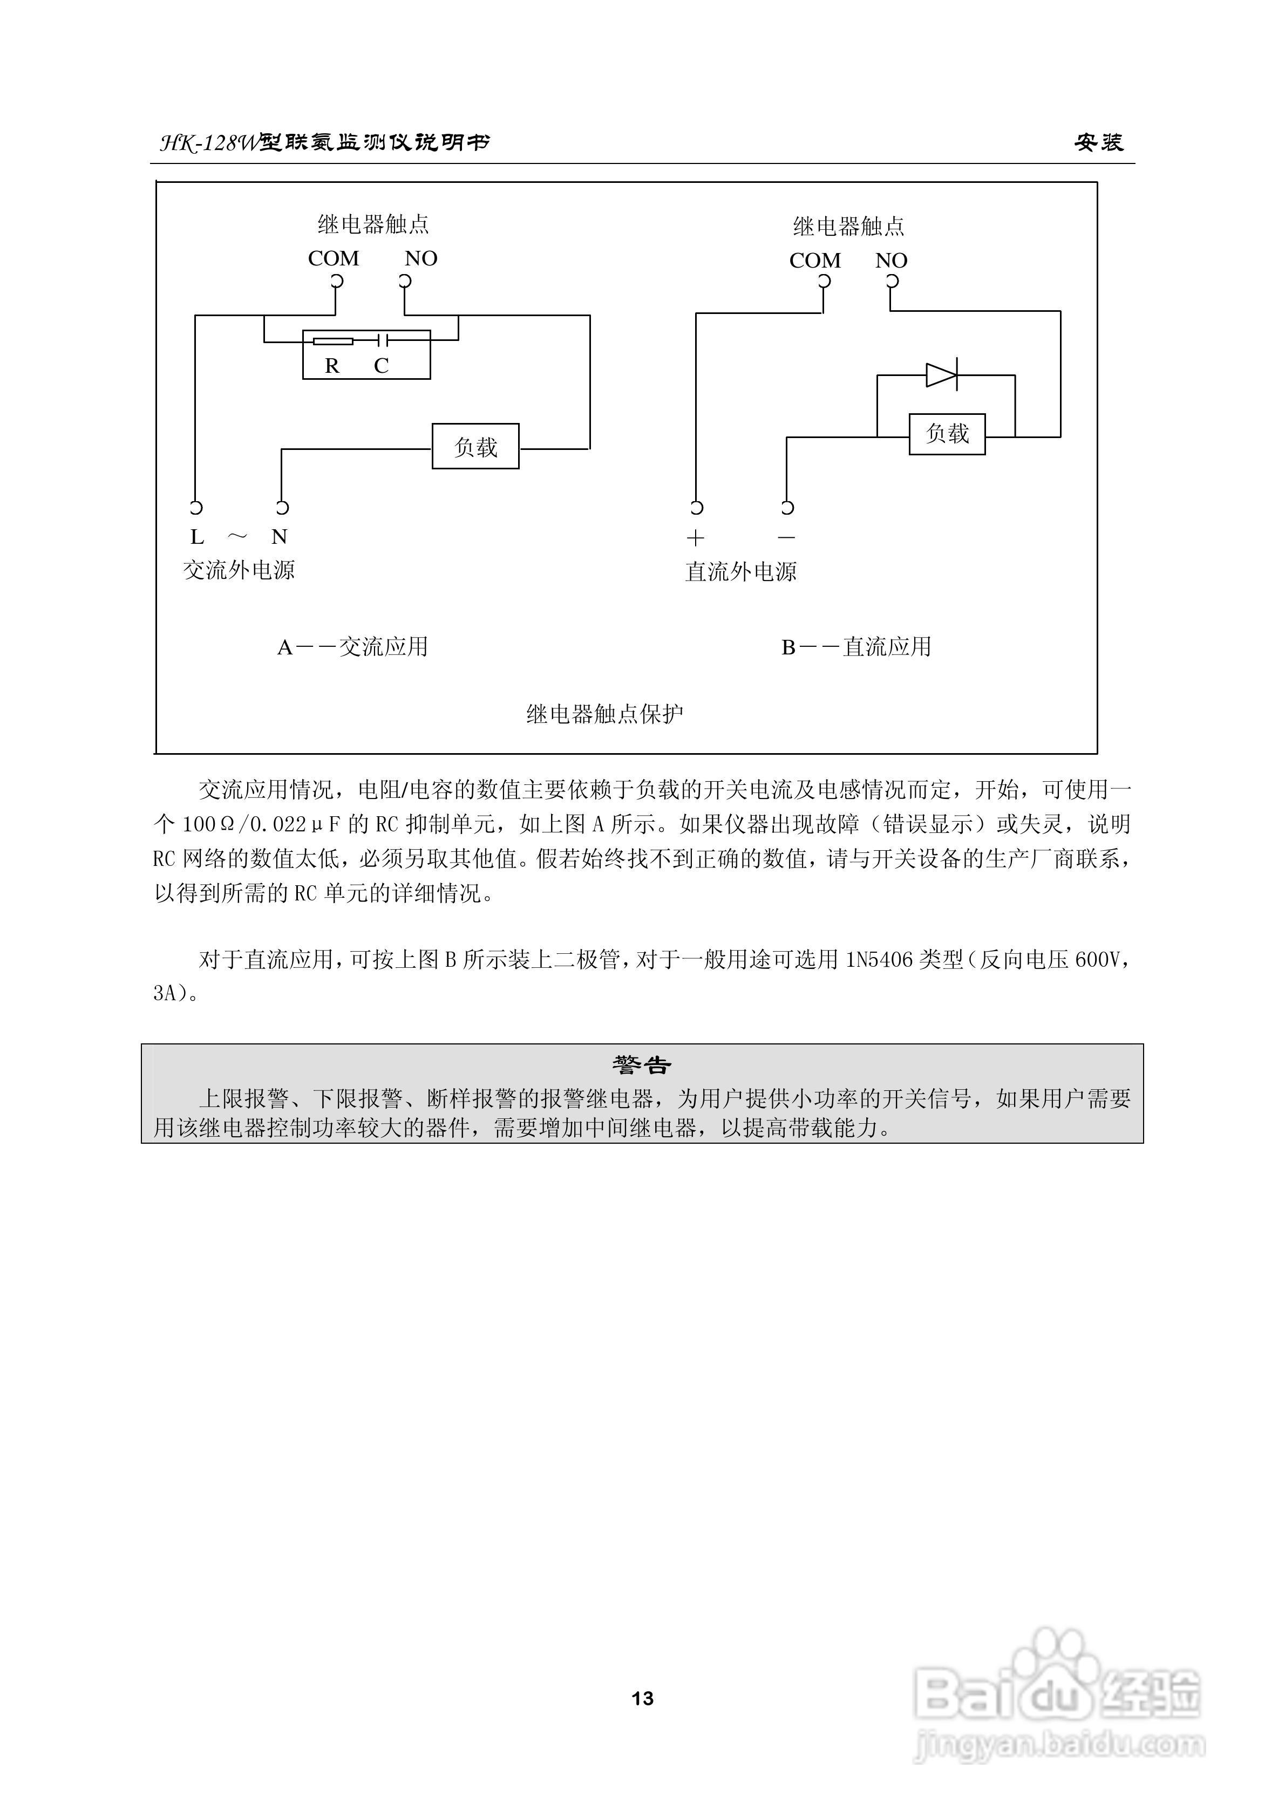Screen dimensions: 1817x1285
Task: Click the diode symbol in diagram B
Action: (941, 375)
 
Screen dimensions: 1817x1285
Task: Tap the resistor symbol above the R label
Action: (332, 341)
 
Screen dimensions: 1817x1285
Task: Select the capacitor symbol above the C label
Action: (382, 341)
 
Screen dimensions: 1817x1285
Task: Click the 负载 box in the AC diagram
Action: (475, 447)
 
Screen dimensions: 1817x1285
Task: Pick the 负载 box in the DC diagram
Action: (947, 434)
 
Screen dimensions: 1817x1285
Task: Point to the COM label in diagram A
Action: (334, 259)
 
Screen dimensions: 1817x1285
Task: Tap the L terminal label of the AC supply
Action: (197, 537)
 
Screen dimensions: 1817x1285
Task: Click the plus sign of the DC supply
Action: (695, 538)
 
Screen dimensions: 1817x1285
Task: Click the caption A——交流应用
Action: (352, 647)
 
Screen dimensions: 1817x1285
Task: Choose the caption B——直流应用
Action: (856, 647)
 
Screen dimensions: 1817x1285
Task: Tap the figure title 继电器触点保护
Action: (604, 715)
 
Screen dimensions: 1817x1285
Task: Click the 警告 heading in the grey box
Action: (641, 1065)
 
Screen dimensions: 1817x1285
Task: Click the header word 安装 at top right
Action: (1098, 142)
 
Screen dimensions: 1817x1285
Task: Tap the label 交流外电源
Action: (239, 571)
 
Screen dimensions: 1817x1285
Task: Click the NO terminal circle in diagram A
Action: (405, 281)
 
